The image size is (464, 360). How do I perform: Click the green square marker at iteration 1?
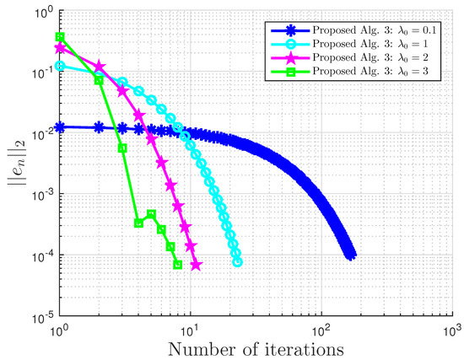[60, 37]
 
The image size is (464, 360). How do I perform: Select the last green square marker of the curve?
[177, 265]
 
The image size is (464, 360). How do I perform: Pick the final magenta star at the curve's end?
[196, 265]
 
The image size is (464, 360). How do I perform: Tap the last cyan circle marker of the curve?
[238, 262]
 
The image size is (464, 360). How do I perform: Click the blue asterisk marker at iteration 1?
[60, 129]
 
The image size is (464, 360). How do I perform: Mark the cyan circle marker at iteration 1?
[60, 66]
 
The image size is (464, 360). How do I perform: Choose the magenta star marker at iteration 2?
[100, 65]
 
